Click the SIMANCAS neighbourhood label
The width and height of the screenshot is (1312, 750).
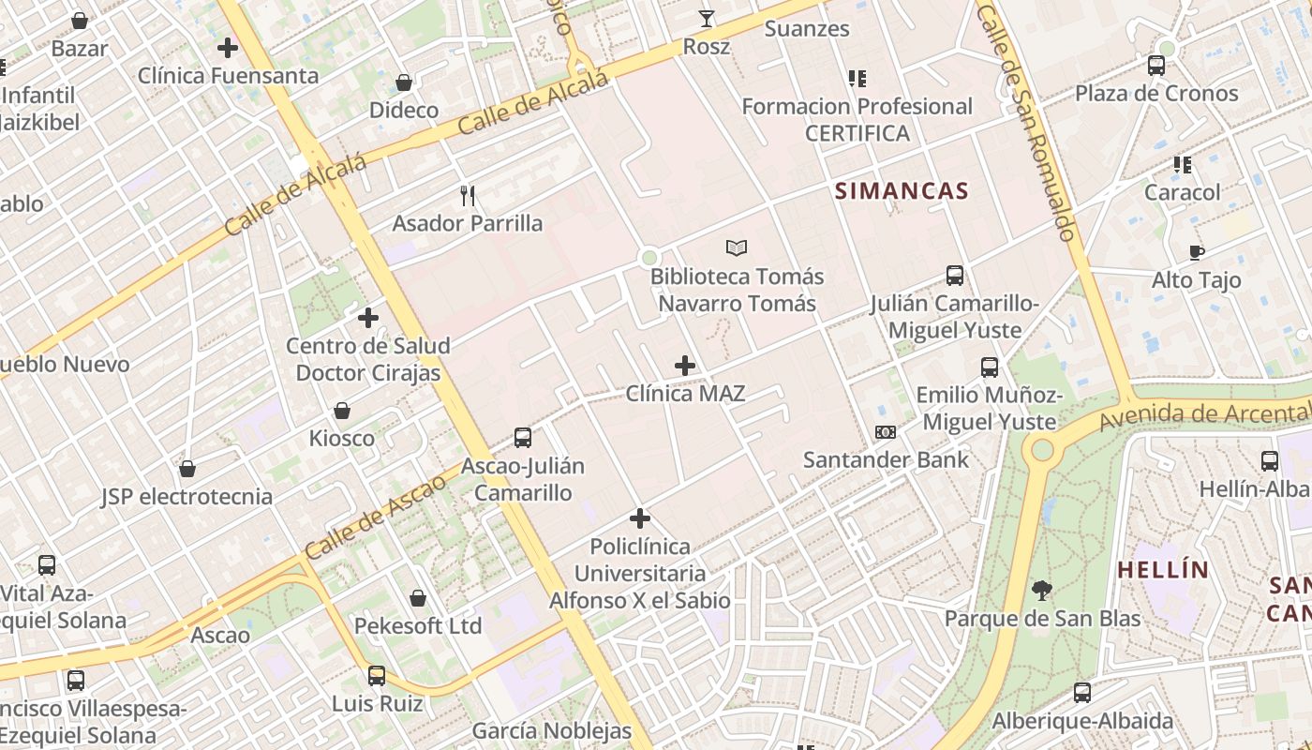(x=902, y=191)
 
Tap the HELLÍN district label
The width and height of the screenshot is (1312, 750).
(x=1163, y=569)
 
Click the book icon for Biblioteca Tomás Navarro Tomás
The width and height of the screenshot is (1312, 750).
(x=738, y=248)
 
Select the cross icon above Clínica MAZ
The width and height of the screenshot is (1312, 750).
(x=685, y=366)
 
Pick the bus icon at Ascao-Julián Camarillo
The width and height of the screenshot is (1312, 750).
(x=523, y=438)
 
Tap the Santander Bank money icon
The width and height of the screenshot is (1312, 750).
(x=886, y=432)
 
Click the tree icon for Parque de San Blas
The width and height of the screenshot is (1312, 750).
(x=1041, y=591)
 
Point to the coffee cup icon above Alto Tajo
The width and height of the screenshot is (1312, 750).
(x=1197, y=252)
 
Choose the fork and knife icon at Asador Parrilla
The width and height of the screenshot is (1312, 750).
(x=468, y=196)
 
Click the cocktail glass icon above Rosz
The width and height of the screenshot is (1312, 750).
(x=707, y=19)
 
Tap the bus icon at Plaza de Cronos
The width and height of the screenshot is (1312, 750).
(x=1156, y=66)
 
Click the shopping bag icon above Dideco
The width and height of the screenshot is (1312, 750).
(x=404, y=82)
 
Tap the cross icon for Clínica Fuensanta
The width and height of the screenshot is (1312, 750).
(x=228, y=48)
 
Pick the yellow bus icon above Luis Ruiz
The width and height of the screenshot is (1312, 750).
(x=377, y=676)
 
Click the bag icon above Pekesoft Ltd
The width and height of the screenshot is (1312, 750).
(x=418, y=598)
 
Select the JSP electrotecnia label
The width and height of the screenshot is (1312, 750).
(x=186, y=497)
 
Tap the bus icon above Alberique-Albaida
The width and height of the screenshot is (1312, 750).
(x=1082, y=693)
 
